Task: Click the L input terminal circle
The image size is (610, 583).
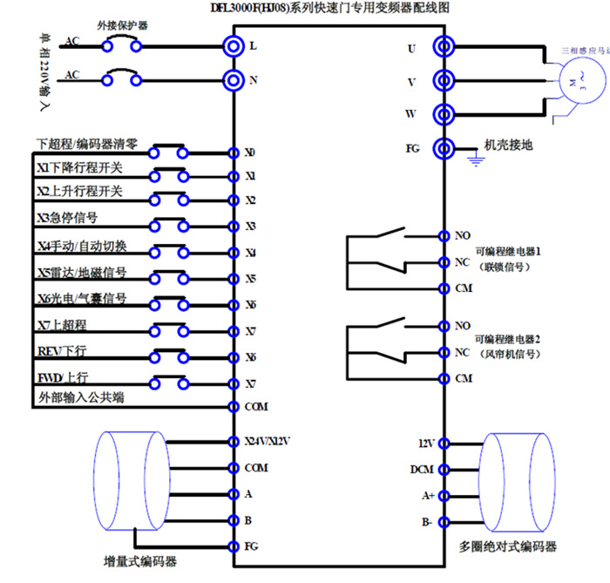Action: (x=234, y=44)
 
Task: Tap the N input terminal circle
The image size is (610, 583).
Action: (x=234, y=81)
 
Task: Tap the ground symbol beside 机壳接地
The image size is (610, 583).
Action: (x=475, y=159)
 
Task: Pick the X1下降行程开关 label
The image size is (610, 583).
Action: (x=80, y=166)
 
